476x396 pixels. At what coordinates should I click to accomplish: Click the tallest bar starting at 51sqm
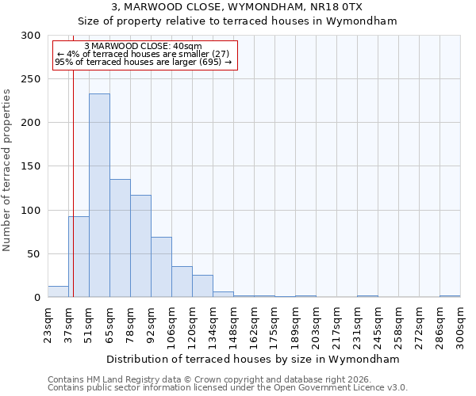click(99, 196)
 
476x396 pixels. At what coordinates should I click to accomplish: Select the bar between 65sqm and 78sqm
click(120, 238)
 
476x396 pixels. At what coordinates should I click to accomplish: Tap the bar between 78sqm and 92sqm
click(140, 246)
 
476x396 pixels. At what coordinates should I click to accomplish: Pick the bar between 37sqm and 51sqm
click(79, 257)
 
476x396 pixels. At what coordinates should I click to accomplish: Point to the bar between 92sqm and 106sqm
click(161, 267)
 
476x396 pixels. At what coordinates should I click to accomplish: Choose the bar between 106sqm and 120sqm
click(182, 282)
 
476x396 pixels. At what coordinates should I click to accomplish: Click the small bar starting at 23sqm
click(58, 291)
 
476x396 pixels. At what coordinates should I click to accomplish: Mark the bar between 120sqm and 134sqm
click(202, 286)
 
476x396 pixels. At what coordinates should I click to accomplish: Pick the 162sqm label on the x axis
click(254, 325)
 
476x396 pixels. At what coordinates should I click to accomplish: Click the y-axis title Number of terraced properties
click(7, 169)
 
